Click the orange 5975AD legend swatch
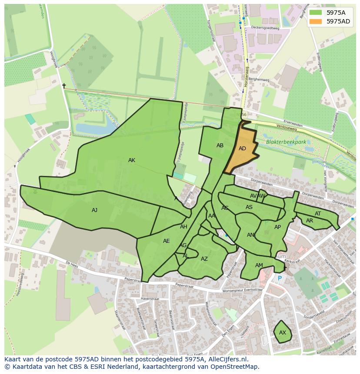[x=316, y=21]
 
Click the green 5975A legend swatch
[x=316, y=13]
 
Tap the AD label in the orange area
[x=242, y=149]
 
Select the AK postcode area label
[x=132, y=160]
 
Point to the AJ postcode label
[x=94, y=210]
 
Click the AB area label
[x=220, y=146]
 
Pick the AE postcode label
[x=166, y=241]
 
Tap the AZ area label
[x=204, y=259]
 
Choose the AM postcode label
[x=259, y=265]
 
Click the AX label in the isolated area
[x=283, y=333]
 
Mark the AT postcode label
[x=318, y=214]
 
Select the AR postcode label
[x=310, y=221]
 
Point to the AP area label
[x=277, y=227]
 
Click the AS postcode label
[x=249, y=207]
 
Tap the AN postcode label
[x=250, y=235]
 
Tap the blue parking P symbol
[x=280, y=278]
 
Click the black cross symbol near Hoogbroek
[x=64, y=86]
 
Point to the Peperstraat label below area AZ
[x=185, y=285]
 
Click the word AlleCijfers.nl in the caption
[x=226, y=359]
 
